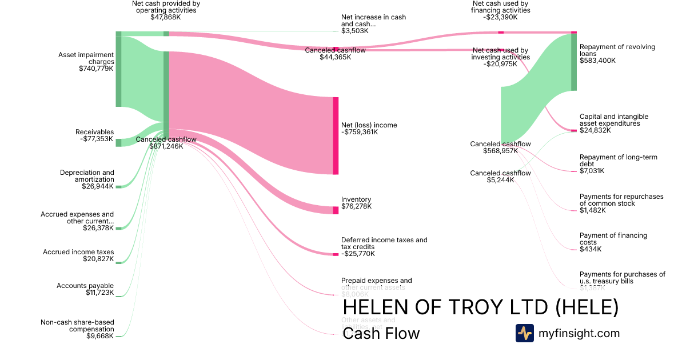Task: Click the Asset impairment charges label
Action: pos(86,62)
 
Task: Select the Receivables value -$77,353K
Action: pos(94,139)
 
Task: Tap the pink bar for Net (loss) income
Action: pos(336,135)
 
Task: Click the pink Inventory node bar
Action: pos(336,210)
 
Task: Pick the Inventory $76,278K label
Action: pos(356,203)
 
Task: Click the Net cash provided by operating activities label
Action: pos(166,10)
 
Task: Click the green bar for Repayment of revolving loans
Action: pos(573,62)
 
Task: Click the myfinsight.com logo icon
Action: pos(524,333)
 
